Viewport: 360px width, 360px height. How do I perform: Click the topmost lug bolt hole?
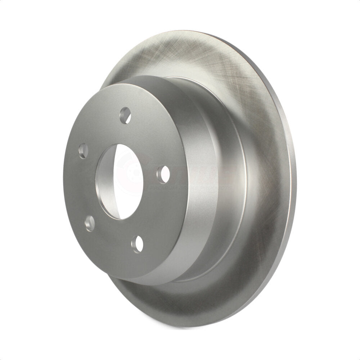126,115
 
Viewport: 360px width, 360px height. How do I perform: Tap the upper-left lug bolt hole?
83,150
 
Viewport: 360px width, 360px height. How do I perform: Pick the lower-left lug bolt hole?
90,222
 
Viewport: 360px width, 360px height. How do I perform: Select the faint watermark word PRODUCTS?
220,188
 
